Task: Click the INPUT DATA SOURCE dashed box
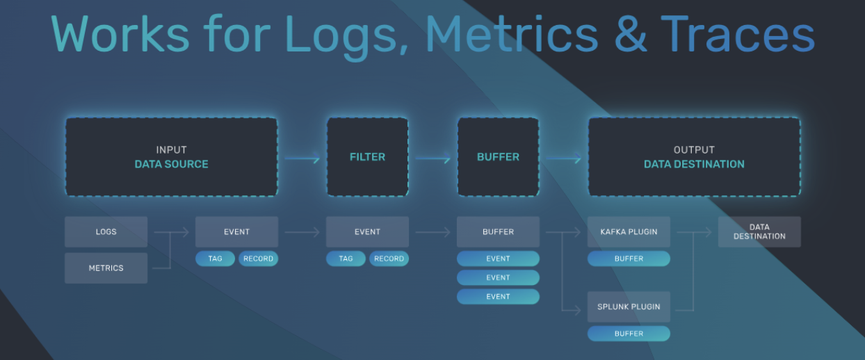tap(171, 156)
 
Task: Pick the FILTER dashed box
tap(367, 156)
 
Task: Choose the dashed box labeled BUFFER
tap(498, 156)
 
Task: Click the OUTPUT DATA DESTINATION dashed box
tap(694, 156)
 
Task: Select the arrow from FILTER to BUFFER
tap(432, 159)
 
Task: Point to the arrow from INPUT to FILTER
tap(302, 159)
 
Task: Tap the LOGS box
tap(106, 231)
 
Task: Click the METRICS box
tap(106, 268)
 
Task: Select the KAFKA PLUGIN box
tap(629, 231)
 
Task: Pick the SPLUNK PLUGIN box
tap(629, 306)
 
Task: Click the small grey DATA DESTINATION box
tap(759, 231)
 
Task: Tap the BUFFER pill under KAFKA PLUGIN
tap(629, 259)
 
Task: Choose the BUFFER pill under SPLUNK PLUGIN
tap(629, 334)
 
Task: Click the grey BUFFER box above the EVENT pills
tap(498, 231)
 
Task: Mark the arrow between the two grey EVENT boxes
tap(302, 232)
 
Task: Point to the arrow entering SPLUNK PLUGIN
tap(572, 310)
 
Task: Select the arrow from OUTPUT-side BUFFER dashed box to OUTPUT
tap(563, 159)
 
